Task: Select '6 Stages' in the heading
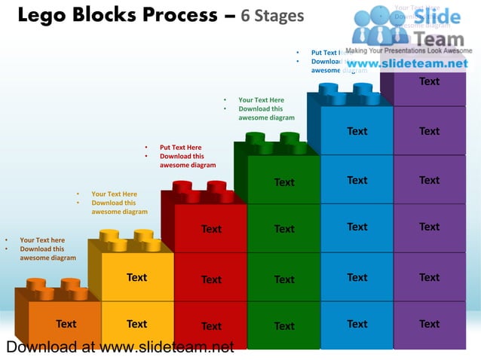(273, 16)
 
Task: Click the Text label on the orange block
(66, 324)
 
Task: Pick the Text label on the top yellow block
(136, 277)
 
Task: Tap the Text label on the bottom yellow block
(136, 324)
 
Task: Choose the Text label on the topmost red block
(211, 229)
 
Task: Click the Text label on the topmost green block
(284, 182)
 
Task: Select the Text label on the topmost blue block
(357, 131)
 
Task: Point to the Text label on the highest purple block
(430, 81)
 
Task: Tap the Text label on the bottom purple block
(430, 324)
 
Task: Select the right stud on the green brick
(291, 138)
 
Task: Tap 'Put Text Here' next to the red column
(180, 148)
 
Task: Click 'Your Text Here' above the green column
(261, 99)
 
